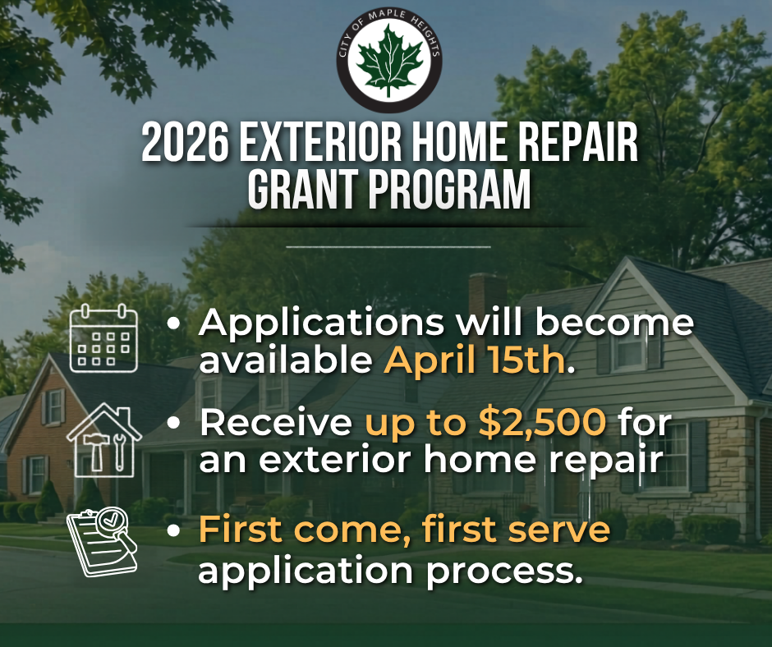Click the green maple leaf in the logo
389,62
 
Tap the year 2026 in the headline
185,143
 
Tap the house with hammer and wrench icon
104,440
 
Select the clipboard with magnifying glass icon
102,542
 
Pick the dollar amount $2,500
542,423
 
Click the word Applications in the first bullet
322,323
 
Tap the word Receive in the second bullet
276,423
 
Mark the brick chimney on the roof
487,296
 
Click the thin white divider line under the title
388,246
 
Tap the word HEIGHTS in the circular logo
425,36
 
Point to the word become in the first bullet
615,322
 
